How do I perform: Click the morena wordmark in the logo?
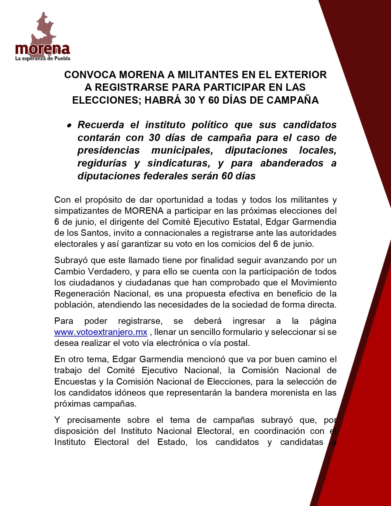(x=43, y=49)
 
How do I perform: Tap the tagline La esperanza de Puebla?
(x=43, y=58)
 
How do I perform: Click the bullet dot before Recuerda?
(x=69, y=125)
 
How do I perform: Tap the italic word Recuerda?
(x=101, y=125)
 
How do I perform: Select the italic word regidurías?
(x=102, y=163)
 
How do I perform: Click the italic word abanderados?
(x=292, y=163)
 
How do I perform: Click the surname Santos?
(x=94, y=233)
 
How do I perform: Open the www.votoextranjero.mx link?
(x=101, y=332)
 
